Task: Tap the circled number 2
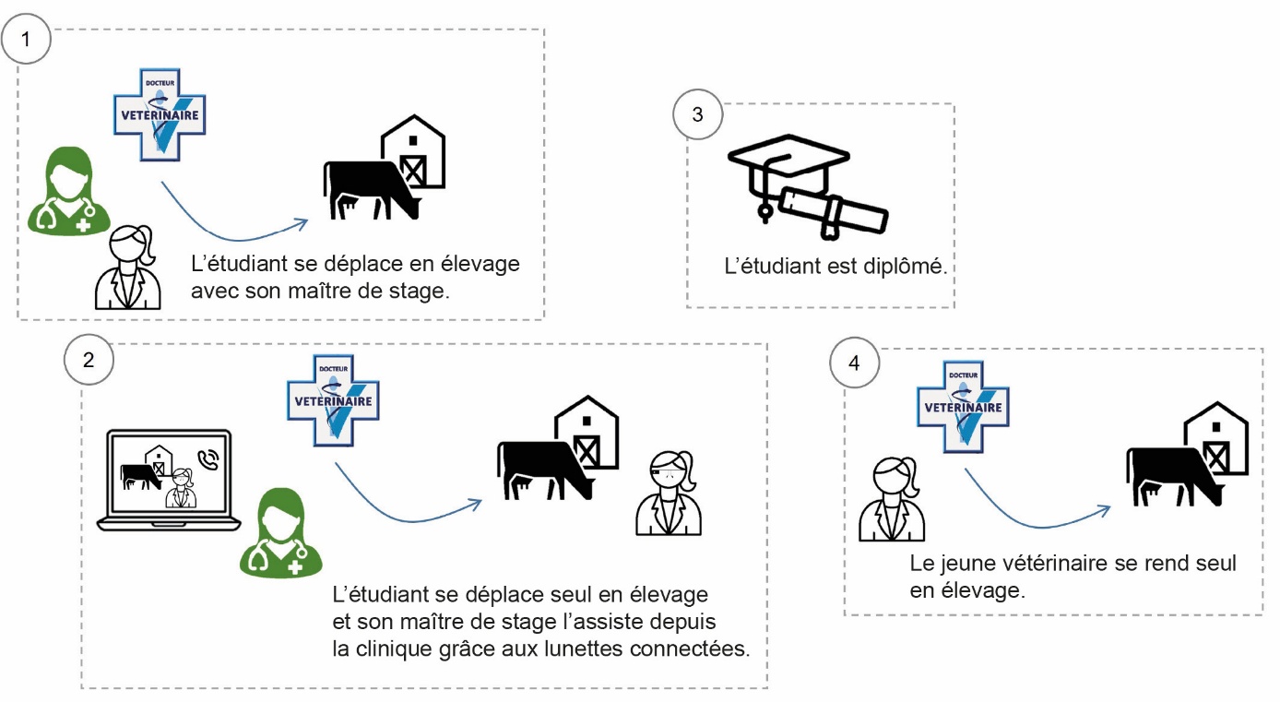[x=88, y=360]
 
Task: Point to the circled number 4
[x=854, y=363]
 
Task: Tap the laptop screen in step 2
[x=169, y=472]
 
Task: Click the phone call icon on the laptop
[x=209, y=459]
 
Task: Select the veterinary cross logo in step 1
[x=158, y=115]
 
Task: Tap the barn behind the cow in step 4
[x=1216, y=439]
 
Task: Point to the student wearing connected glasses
[x=669, y=493]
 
